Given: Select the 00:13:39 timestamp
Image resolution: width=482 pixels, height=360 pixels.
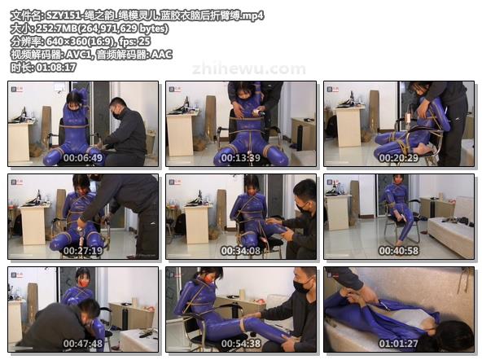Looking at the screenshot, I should point(240,158).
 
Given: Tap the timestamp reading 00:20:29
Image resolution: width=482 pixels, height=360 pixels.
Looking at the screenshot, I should point(398,158).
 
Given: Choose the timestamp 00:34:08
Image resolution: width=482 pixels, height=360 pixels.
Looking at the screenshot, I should point(240,251).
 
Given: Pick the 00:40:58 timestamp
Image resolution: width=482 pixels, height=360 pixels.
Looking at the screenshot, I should point(398,251).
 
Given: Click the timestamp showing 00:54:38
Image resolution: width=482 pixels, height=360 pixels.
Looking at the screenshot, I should point(240,344).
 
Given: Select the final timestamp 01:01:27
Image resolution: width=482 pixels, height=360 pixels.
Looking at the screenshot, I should point(398,344).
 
